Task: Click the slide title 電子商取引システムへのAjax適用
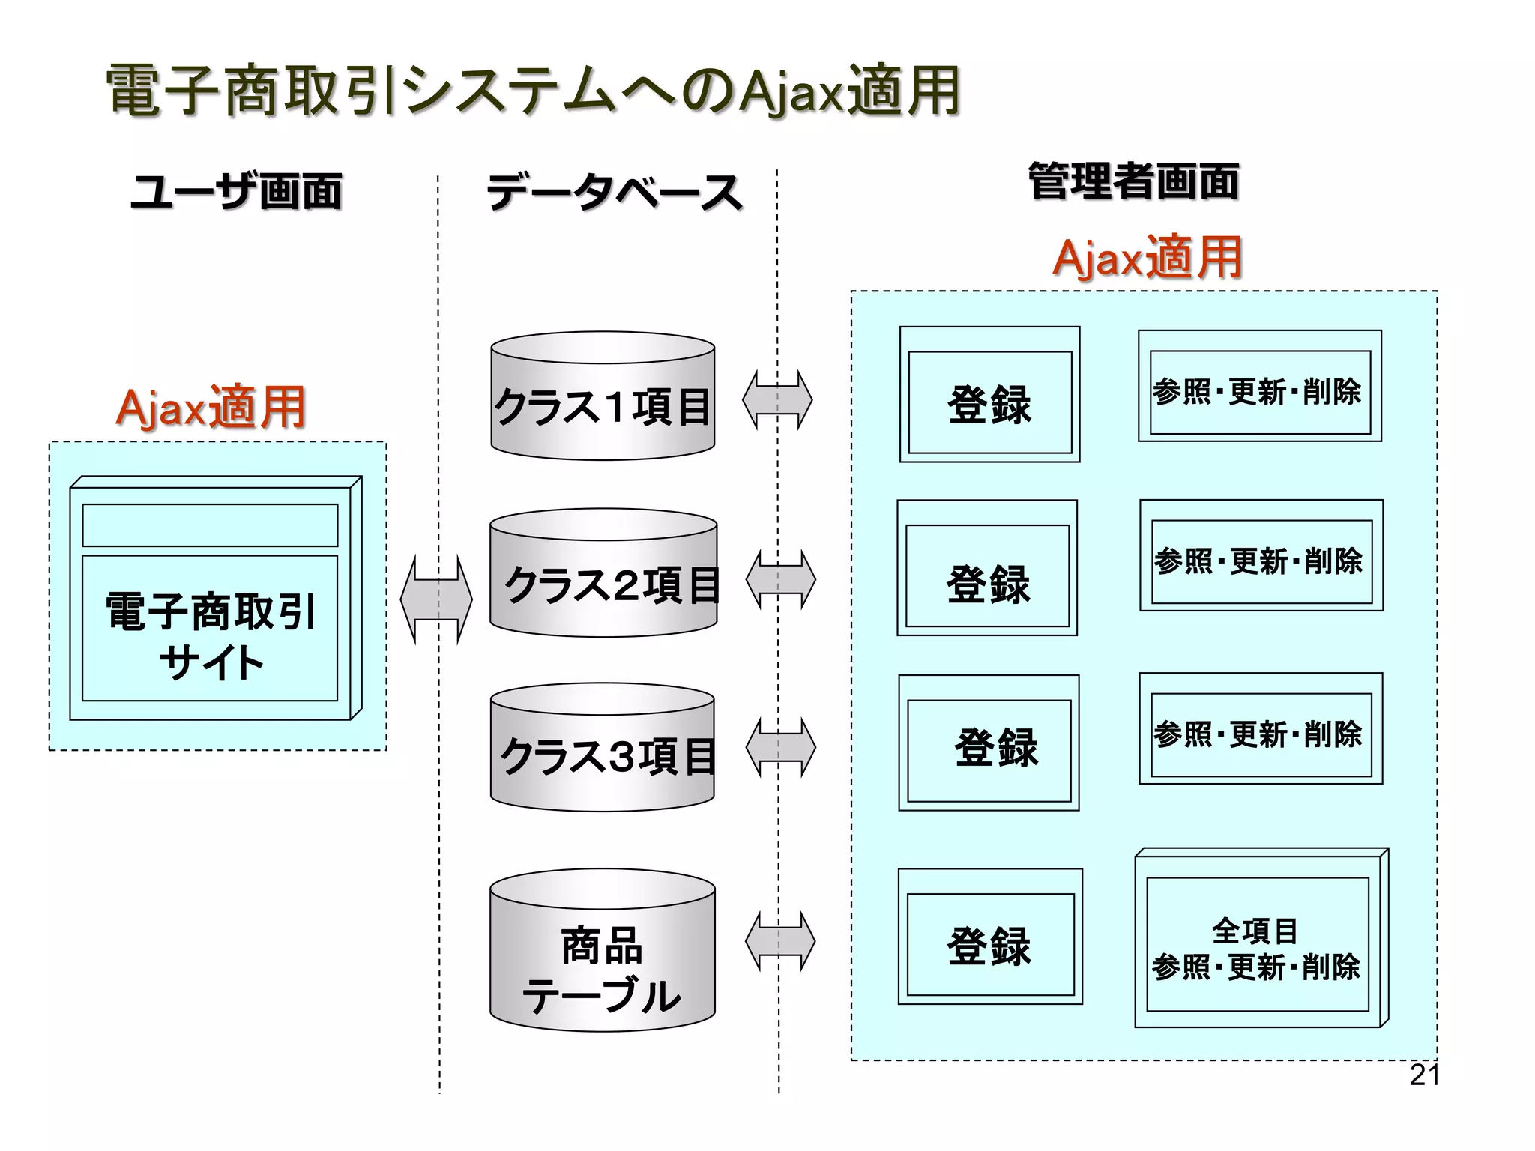[x=532, y=91]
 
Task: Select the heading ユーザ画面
[x=236, y=191]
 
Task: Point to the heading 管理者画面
[x=1133, y=182]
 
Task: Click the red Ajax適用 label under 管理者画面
[x=1148, y=258]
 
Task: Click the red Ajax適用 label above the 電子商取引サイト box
[x=211, y=408]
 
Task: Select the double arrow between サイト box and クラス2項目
[x=436, y=599]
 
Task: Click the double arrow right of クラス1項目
[x=777, y=399]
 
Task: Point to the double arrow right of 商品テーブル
[x=780, y=941]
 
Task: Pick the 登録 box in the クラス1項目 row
[x=989, y=402]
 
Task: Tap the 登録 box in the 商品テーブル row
[x=989, y=944]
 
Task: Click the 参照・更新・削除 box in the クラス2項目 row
[x=1261, y=561]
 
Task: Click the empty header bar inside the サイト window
[x=210, y=525]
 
